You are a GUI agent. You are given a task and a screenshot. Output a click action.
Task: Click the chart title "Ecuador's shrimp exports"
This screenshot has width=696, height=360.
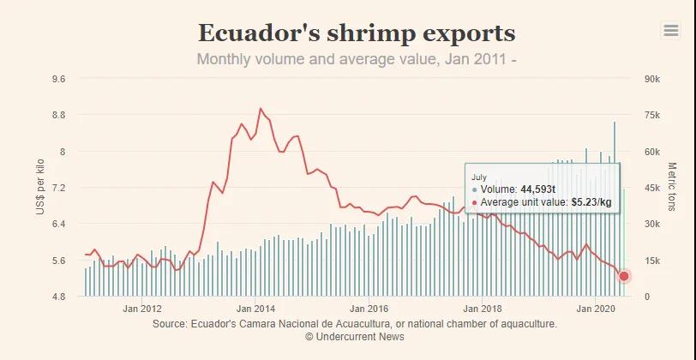(x=357, y=33)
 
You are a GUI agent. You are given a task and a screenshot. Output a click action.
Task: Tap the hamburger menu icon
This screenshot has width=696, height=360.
(x=671, y=31)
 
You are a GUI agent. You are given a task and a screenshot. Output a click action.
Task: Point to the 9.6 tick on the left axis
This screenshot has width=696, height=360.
(x=59, y=79)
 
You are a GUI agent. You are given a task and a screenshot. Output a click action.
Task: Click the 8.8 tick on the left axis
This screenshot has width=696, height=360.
(x=59, y=115)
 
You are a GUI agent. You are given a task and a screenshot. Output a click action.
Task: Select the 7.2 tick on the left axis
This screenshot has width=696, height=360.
(x=59, y=188)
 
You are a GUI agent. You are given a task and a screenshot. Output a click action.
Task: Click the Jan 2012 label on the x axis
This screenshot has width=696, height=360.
(x=142, y=309)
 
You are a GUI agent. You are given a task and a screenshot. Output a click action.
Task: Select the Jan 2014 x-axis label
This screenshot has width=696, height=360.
(x=255, y=309)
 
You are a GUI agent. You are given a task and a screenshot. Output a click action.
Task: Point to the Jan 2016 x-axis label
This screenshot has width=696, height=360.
(x=369, y=309)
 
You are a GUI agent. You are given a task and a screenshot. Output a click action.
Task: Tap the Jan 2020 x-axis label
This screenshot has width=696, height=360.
(x=597, y=309)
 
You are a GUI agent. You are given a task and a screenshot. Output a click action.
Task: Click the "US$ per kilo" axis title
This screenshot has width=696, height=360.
(x=40, y=188)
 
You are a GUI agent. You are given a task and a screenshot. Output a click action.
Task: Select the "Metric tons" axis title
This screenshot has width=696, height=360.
(x=671, y=188)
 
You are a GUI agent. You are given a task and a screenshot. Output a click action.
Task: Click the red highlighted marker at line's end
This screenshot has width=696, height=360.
(x=624, y=276)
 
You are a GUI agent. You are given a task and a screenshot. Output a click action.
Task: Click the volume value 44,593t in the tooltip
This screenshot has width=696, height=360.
(x=537, y=189)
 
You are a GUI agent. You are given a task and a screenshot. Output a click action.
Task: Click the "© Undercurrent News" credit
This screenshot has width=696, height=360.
(x=355, y=337)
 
